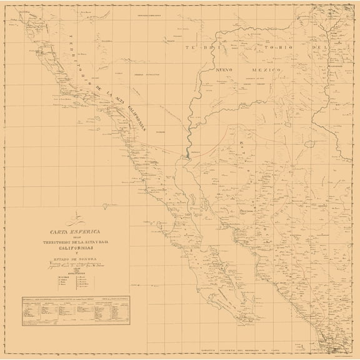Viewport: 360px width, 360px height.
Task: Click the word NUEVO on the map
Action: point(226,70)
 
